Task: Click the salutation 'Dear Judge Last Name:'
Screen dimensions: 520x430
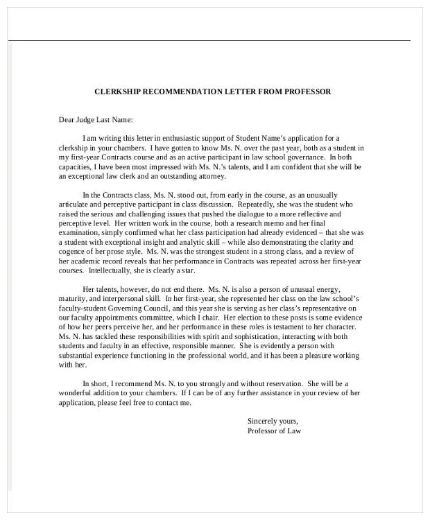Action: (95, 119)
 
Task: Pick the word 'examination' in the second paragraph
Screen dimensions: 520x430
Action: (80, 234)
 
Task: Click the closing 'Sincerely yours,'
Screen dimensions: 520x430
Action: (273, 421)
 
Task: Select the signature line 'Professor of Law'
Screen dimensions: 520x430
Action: (274, 431)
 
